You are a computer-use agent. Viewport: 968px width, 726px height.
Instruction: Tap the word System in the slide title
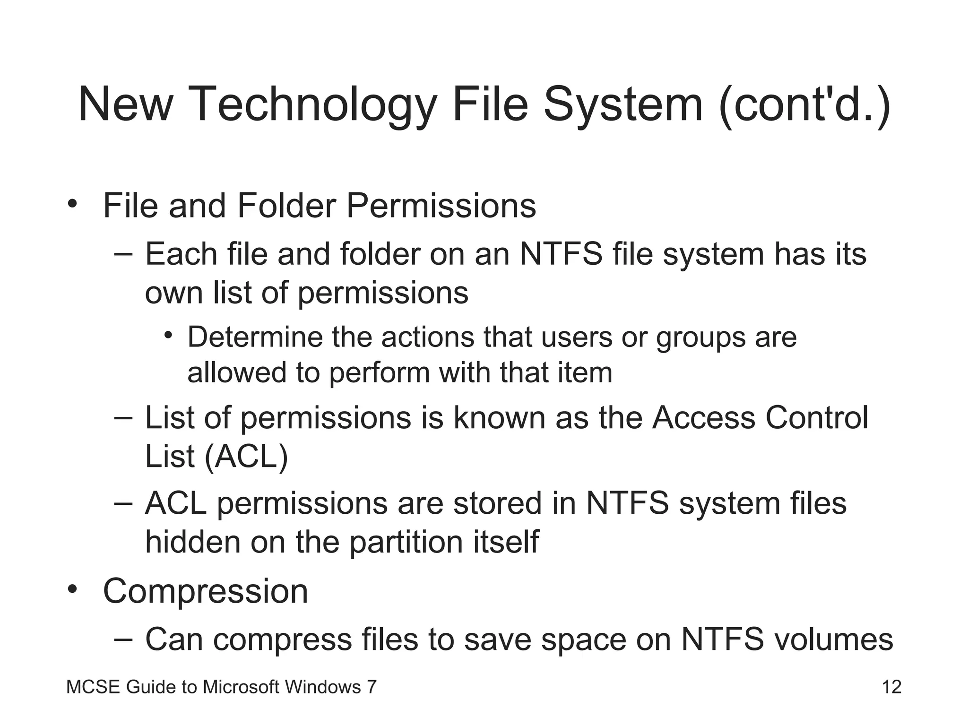pos(623,105)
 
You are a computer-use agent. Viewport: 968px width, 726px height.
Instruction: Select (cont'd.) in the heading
pos(804,105)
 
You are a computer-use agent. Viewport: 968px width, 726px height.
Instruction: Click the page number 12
pos(891,687)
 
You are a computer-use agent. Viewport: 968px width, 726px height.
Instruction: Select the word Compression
pos(205,591)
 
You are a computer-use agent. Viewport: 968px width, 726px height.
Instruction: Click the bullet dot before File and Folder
pos(72,204)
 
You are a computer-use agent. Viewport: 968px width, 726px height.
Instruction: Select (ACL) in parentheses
pos(246,457)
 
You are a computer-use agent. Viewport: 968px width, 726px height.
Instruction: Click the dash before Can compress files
pos(123,639)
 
